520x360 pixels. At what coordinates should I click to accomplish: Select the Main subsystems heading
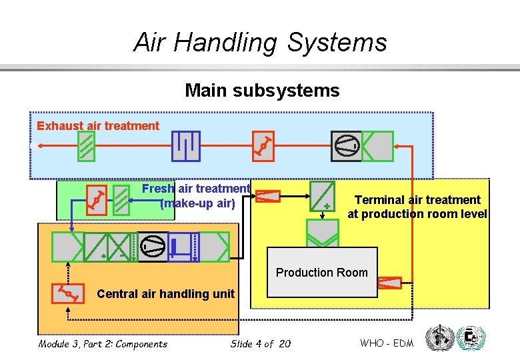click(x=262, y=90)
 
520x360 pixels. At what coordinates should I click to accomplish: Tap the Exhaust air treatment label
click(x=98, y=125)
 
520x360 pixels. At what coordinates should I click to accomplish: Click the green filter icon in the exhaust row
click(x=85, y=146)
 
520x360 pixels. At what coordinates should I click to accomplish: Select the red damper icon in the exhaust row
click(x=264, y=145)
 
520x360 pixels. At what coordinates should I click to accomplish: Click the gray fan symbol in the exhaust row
click(x=347, y=146)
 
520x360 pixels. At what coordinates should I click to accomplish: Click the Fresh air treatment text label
click(x=196, y=189)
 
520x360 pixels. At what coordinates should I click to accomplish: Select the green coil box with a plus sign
click(x=323, y=196)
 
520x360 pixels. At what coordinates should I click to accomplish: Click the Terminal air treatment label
click(x=417, y=207)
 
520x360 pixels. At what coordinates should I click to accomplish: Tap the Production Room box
click(x=321, y=272)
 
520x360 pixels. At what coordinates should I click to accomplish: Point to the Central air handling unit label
click(x=165, y=293)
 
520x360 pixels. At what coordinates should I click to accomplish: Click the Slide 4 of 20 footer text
click(x=260, y=344)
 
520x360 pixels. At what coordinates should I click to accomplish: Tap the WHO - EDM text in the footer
click(x=387, y=343)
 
